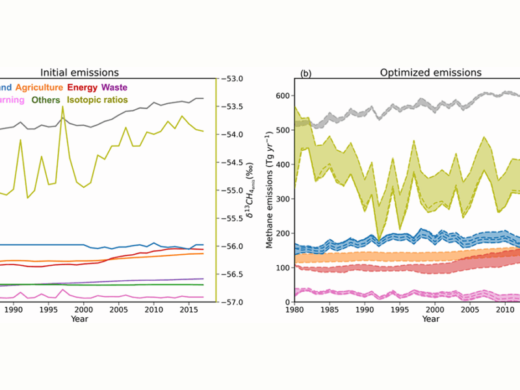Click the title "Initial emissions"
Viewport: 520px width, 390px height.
pos(80,72)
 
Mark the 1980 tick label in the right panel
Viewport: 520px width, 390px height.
pos(294,310)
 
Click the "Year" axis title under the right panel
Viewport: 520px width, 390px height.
pos(430,319)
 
